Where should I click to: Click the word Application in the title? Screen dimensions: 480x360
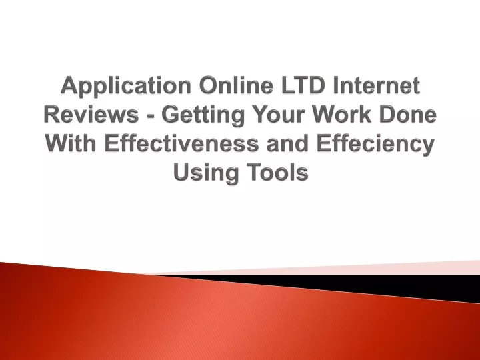[x=126, y=86]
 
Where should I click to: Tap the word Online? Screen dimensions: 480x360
[x=236, y=85]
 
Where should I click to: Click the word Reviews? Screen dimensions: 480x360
[x=91, y=114]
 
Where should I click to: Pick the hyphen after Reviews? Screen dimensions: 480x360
[x=150, y=116]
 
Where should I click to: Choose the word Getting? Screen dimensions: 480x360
[x=203, y=115]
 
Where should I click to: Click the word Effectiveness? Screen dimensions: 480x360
[x=181, y=143]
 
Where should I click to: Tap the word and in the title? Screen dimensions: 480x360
[x=287, y=143]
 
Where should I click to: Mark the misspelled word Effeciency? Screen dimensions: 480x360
[x=375, y=144]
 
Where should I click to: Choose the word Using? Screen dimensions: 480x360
[x=206, y=173]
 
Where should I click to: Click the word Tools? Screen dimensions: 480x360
[x=277, y=171]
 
